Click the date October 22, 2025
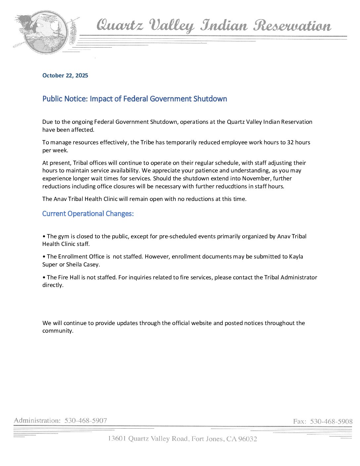click(x=65, y=75)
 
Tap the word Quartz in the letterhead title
click(x=120, y=25)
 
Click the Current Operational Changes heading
click(x=88, y=214)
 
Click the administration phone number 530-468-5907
click(x=86, y=421)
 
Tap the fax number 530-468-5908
click(x=331, y=421)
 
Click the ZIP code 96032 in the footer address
click(x=247, y=439)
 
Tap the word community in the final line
click(x=57, y=331)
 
